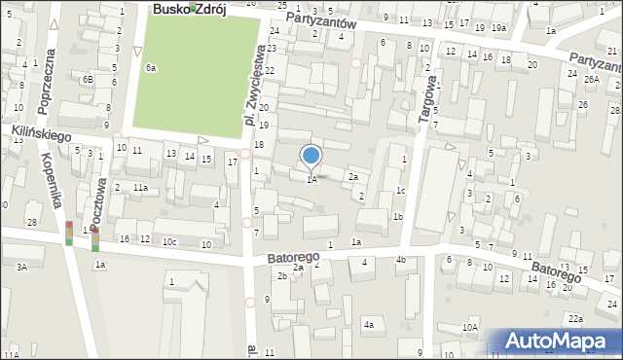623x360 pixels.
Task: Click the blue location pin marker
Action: point(311,156)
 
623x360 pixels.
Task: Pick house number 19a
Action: point(498,28)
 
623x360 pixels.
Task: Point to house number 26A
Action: point(592,78)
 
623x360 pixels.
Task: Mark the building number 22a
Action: point(576,318)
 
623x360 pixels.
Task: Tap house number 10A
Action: point(470,328)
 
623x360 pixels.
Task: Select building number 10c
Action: point(169,241)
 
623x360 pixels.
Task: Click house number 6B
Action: point(88,79)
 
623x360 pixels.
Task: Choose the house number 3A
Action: point(21,266)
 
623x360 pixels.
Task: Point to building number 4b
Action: point(400,259)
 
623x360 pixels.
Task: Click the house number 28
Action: point(32,223)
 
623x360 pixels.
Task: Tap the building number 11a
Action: point(140,187)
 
